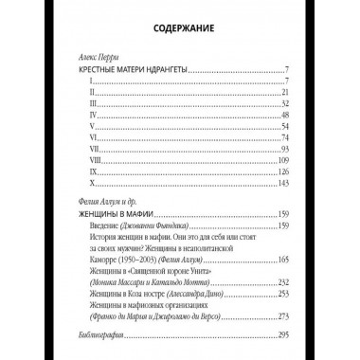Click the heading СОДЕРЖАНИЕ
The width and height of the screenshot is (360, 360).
click(180, 28)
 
